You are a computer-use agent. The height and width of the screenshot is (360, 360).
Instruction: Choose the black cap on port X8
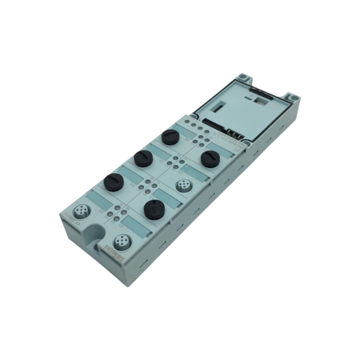coord(171,136)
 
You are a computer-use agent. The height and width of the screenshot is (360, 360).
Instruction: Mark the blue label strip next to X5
coord(198,173)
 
